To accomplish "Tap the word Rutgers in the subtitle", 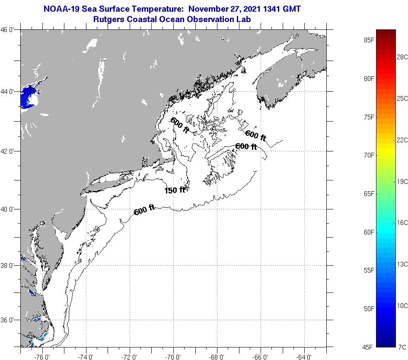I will pyautogui.click(x=108, y=19).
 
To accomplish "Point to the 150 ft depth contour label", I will pyautogui.click(x=175, y=190).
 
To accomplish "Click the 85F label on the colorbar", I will pyautogui.click(x=369, y=40).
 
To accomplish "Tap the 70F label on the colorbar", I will pyautogui.click(x=369, y=155).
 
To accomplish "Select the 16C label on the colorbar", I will pyautogui.click(x=402, y=222).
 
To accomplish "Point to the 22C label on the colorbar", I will pyautogui.click(x=402, y=140).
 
